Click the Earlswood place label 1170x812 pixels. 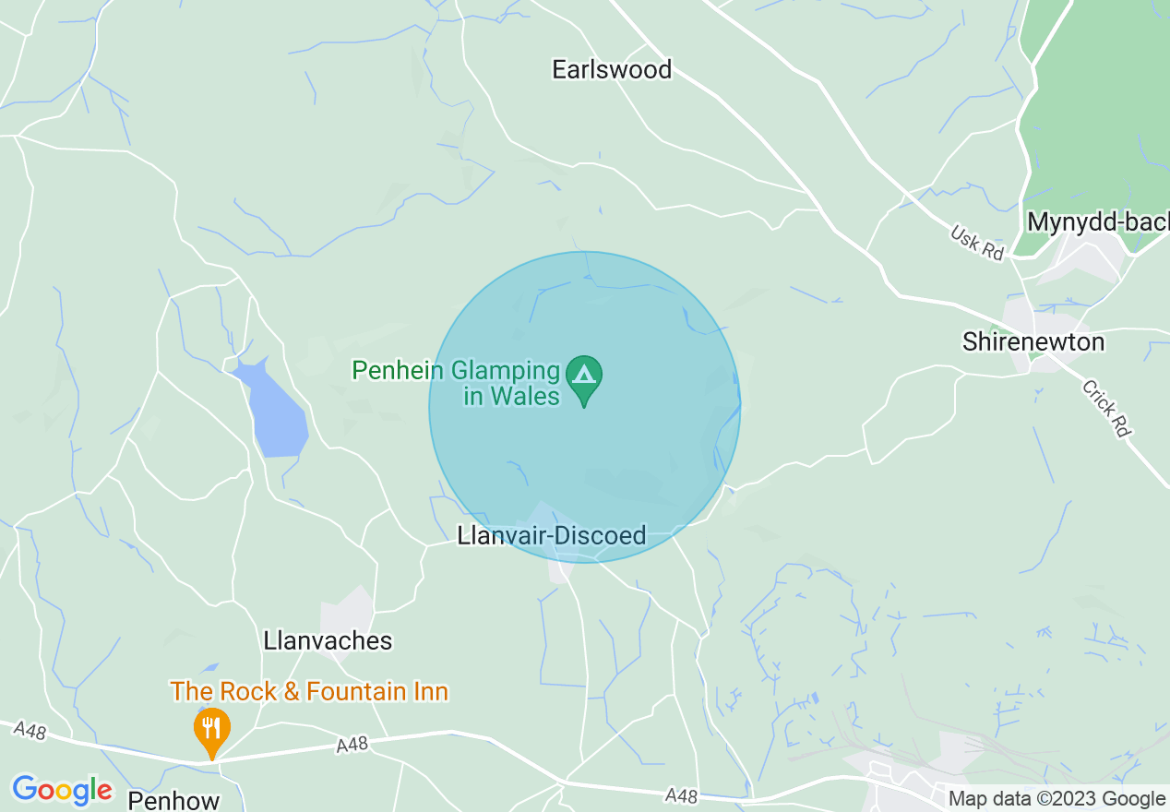611,69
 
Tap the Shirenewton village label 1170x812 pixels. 1033,341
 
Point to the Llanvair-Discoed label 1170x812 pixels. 552,536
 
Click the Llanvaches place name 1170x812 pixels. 328,640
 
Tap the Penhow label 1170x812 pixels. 173,799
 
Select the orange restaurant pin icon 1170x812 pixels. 211,729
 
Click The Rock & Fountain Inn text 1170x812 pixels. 308,691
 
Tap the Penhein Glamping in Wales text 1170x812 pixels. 457,384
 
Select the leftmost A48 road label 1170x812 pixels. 30,730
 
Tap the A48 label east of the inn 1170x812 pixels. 352,745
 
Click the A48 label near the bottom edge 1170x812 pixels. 682,794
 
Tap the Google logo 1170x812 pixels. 62,790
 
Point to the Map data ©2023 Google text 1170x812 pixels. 1057,798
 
